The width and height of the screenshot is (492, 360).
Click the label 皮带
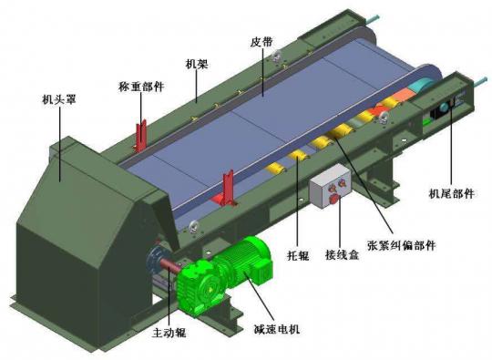[x=261, y=42]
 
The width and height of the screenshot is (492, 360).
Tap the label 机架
[x=197, y=64]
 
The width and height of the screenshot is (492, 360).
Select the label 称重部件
[x=141, y=87]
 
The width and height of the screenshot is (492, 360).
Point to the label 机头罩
[x=59, y=100]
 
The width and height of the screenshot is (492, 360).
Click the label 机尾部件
[x=452, y=193]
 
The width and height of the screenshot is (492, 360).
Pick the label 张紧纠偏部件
[x=402, y=245]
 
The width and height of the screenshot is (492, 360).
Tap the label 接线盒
[x=342, y=254]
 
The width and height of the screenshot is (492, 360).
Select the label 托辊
[x=298, y=256]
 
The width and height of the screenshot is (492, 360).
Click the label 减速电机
[x=277, y=329]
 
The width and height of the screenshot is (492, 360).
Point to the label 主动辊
[x=169, y=333]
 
